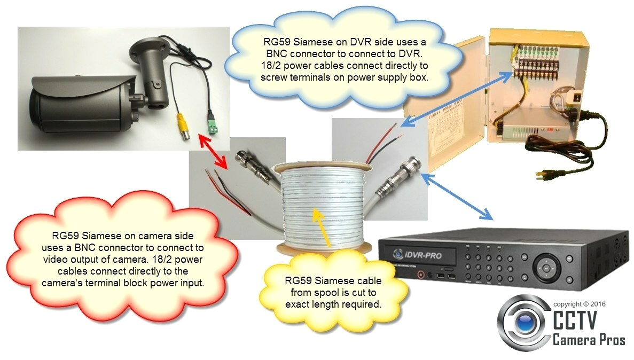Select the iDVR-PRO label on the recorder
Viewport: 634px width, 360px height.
(x=420, y=253)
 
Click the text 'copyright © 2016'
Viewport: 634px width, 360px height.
(x=580, y=304)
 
